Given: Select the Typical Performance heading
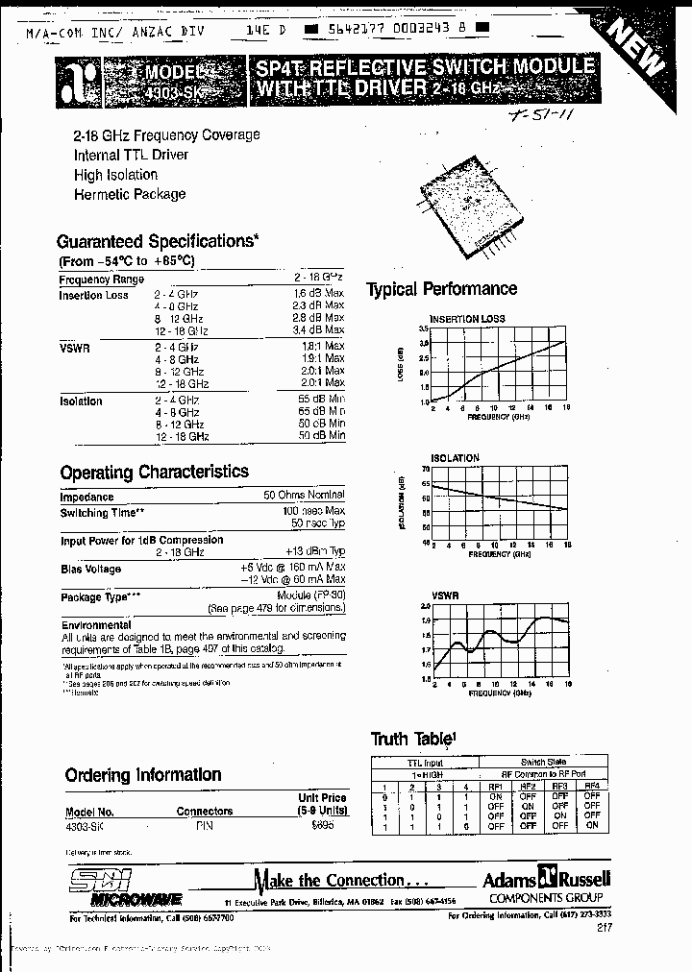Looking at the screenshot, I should [442, 289].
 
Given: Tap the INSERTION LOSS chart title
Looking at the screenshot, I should [468, 318].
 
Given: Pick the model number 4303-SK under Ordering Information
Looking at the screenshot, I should [84, 825].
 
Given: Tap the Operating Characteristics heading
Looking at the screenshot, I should [154, 473].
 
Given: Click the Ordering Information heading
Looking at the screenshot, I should [143, 775].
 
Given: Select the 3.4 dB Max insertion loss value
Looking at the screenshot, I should [318, 330].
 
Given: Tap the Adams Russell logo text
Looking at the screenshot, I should [545, 878].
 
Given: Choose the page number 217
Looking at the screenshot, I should [603, 928].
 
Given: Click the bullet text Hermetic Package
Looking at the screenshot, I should [130, 194].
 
